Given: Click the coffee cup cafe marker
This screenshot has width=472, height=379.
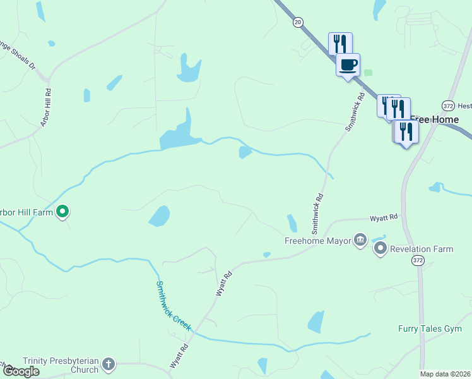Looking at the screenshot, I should pos(348,64).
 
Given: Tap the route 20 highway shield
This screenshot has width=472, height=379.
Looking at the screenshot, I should pos(297,22).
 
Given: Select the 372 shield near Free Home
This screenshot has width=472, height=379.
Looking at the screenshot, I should pos(448,105).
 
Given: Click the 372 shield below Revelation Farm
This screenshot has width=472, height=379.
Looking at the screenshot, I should pos(417,260).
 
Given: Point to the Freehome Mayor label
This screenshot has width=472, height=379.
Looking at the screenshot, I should pos(317,241).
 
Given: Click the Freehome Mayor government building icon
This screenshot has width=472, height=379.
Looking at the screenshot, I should pos(360,240).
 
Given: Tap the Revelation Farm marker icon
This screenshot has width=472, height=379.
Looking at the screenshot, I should pos(380,249).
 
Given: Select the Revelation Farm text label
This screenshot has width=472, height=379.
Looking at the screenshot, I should pos(422,249).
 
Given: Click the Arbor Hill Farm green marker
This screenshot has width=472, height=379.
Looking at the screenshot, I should pos(62,212).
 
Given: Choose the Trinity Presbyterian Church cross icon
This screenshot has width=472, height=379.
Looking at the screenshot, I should pos(109,364).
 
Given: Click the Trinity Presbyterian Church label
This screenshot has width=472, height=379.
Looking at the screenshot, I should pos(61,365).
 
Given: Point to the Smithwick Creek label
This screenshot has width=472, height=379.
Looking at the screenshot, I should pos(174,304).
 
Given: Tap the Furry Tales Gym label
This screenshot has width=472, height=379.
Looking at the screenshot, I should pos(430,328).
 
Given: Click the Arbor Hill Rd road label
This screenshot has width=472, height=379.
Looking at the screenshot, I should pos(46,107).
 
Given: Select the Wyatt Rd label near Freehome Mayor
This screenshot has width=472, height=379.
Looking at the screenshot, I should pos(384,217).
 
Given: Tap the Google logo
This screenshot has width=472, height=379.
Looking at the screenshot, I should pos(20,371).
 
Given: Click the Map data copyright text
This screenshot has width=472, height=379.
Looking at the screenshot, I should pos(445,374).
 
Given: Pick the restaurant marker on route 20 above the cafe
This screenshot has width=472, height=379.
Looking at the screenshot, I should pos(340,44).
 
